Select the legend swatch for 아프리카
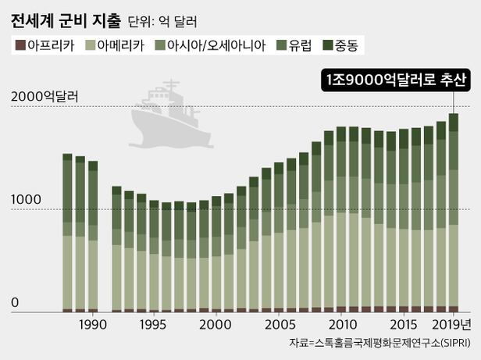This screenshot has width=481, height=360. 19,45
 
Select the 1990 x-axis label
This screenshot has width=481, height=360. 92,323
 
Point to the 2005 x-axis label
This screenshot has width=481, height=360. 279,323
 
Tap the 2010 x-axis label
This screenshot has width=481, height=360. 341,323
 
